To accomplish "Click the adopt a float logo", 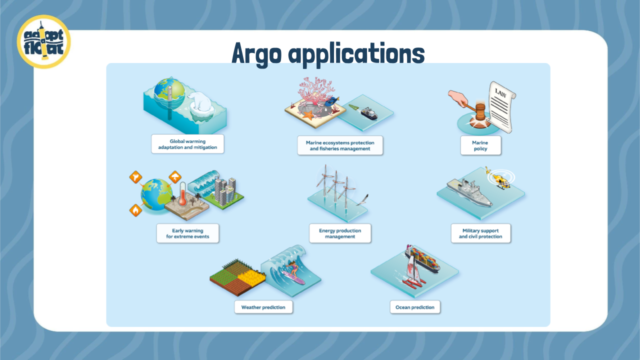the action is click(x=43, y=41).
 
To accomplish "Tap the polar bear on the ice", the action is click(x=199, y=101).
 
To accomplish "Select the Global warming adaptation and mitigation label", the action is click(x=187, y=144).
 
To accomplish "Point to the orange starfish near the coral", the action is click(x=308, y=115).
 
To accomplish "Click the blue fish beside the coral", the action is click(x=332, y=101).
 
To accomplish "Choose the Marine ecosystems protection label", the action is click(x=340, y=145).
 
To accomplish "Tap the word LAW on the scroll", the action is click(x=500, y=93).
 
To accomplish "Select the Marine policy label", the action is click(x=480, y=145).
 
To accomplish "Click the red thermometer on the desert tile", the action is click(x=182, y=194).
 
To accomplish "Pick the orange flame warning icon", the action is click(x=135, y=210).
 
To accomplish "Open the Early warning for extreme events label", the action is click(x=187, y=233).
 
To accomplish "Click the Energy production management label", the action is click(x=340, y=233).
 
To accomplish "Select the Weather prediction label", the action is click(x=263, y=307).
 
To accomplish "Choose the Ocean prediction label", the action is click(x=415, y=307).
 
